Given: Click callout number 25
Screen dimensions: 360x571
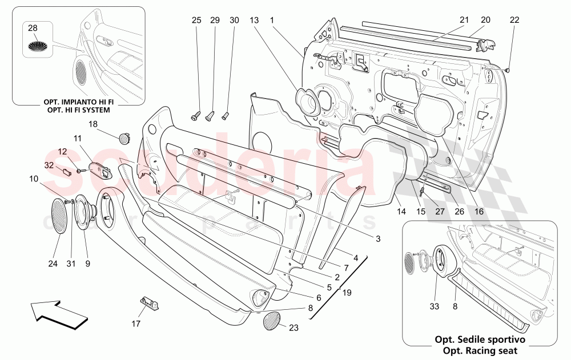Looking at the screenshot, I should [196, 21].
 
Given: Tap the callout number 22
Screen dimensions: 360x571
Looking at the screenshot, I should [514, 21].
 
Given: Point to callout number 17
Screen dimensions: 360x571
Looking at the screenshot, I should [135, 323].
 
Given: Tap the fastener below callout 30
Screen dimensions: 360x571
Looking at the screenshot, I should [224, 116].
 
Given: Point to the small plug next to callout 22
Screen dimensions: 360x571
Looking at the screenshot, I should [506, 70].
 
